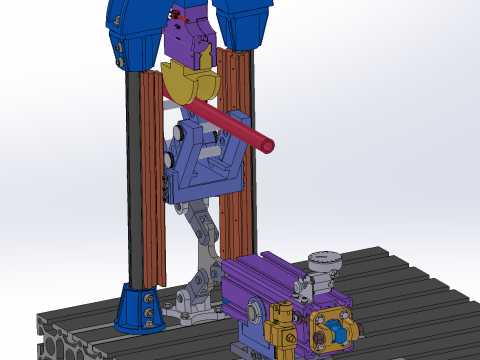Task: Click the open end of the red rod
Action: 268,147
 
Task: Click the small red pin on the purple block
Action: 179,17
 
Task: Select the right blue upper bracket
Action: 244,22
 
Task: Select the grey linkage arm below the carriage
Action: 201,224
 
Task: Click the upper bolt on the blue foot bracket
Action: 150,298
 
